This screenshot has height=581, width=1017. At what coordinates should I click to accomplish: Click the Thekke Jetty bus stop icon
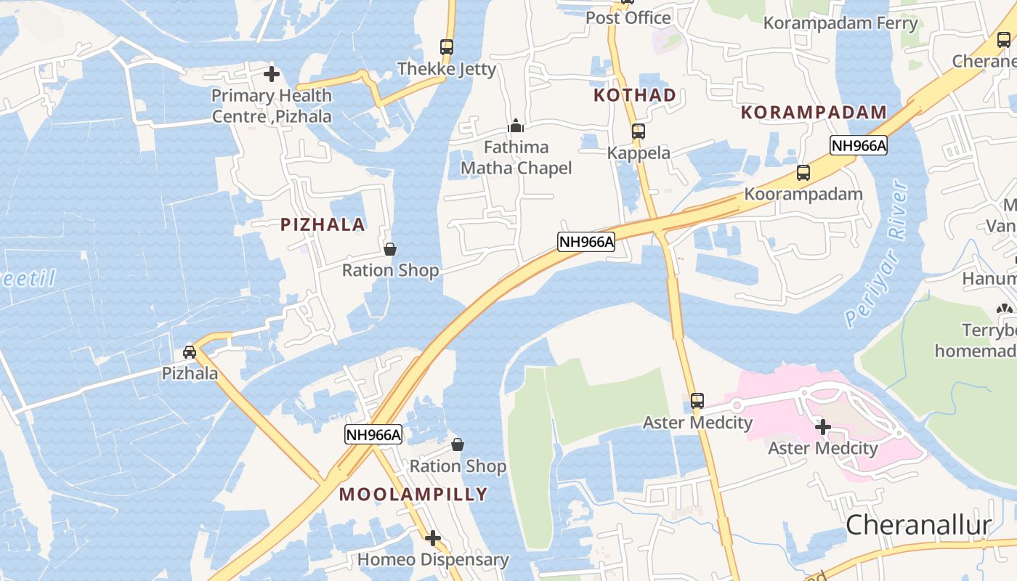point(447,47)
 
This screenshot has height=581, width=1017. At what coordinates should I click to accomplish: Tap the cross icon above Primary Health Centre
point(272,74)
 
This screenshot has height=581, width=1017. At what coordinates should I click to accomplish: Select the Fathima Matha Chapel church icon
point(516,126)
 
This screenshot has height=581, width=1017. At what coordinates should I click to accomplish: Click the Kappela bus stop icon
point(638,131)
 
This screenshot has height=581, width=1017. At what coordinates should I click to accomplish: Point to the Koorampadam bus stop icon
point(803,173)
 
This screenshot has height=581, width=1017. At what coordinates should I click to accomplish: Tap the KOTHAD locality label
point(635,95)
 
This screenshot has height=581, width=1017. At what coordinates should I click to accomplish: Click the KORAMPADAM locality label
point(814,113)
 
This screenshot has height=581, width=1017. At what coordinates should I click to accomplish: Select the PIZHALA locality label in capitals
point(323,224)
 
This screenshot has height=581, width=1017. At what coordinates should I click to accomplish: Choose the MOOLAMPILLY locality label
point(413,495)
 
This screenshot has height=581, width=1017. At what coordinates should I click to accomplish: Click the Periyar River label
point(878,254)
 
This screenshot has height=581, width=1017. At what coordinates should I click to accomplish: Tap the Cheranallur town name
point(918,524)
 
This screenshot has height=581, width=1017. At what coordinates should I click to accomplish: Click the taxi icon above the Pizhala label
point(190,352)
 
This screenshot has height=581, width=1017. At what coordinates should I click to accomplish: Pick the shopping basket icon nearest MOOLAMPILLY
point(458,444)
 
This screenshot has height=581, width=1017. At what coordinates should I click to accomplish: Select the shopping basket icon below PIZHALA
point(390,249)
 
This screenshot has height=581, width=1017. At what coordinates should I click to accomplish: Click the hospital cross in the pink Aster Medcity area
point(823,427)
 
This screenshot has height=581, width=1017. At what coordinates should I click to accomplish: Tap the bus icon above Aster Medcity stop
point(697,400)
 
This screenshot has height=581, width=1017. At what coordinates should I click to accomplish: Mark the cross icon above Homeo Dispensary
point(433,538)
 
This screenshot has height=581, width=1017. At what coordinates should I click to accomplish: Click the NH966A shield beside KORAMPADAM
point(859,146)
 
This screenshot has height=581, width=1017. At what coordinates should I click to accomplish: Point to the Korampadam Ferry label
point(840,23)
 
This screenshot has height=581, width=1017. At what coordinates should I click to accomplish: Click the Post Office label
point(628,17)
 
